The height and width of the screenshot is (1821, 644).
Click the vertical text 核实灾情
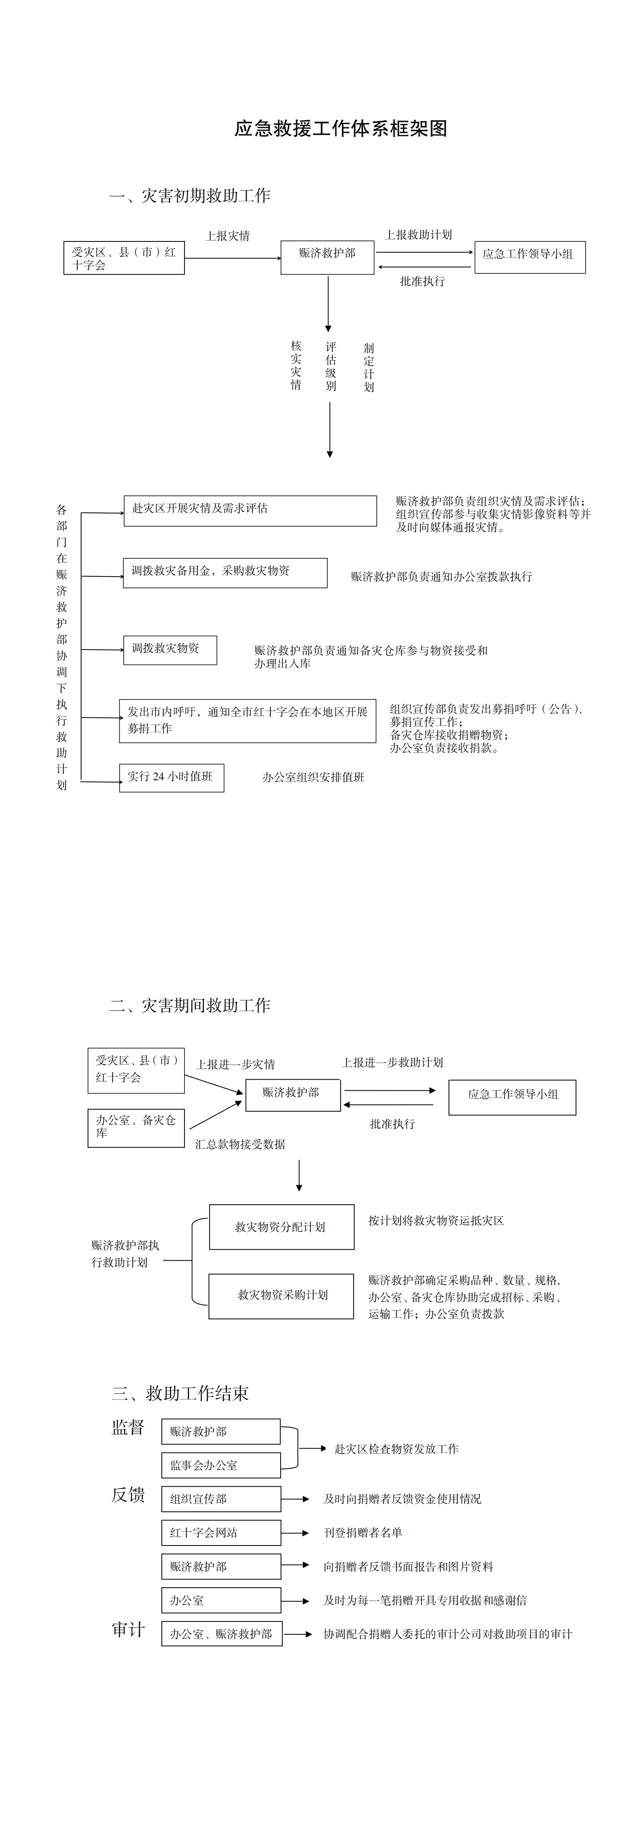pos(296,365)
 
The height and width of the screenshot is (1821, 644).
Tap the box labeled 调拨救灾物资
pos(170,650)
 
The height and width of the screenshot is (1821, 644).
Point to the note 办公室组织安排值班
pos(313,777)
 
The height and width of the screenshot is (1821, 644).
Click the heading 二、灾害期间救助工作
pos(189,1005)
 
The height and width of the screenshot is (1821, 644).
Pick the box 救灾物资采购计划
pos(281,1296)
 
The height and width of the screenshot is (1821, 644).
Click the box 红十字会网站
pos(221,1533)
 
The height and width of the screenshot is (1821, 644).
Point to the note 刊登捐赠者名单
pos(363,1533)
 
